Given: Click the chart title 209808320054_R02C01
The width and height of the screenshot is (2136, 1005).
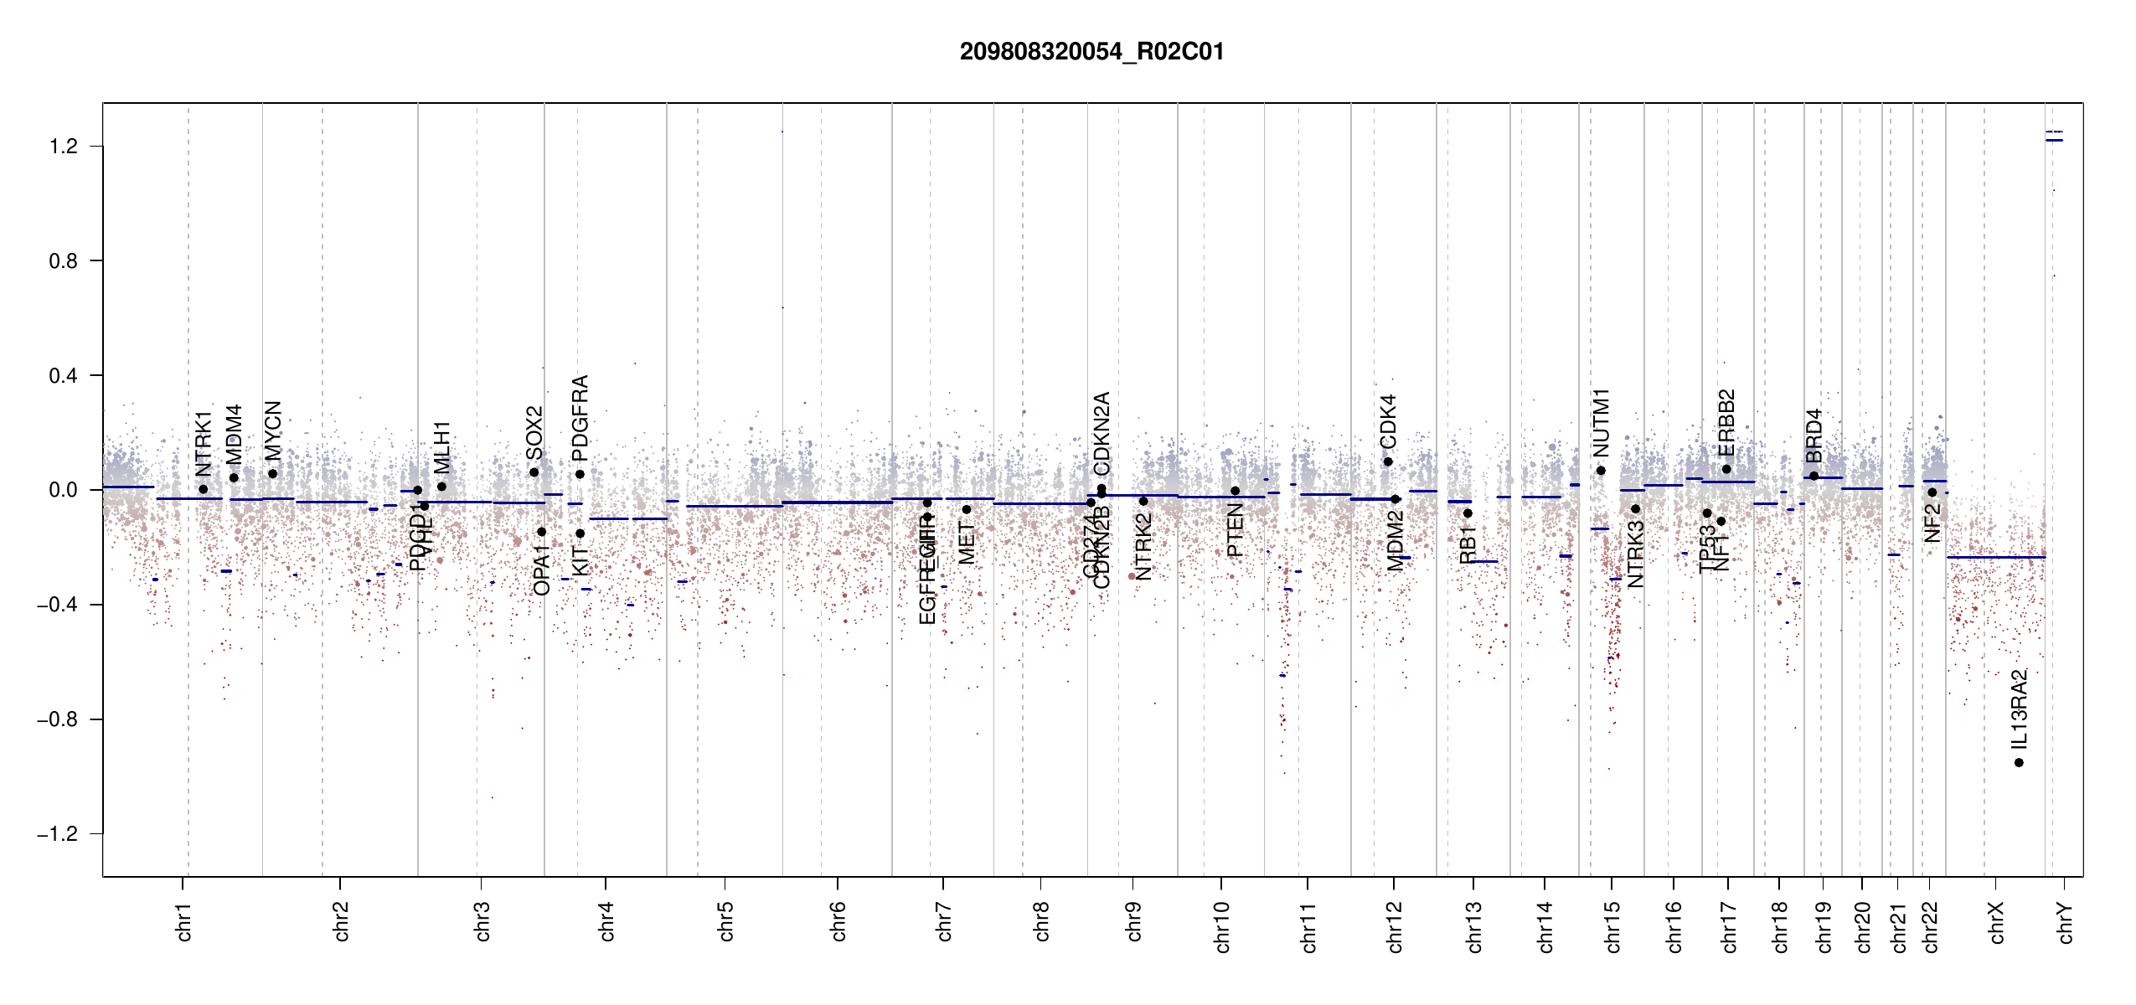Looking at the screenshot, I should pyautogui.click(x=1091, y=52).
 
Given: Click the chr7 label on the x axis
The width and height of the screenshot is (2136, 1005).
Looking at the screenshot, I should pyautogui.click(x=944, y=921).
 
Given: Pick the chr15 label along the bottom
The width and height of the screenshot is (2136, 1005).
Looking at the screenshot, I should pyautogui.click(x=1612, y=926).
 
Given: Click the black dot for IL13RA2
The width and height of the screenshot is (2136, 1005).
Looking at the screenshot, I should pyautogui.click(x=2019, y=762).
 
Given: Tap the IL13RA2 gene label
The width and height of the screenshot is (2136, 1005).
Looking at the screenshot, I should pyautogui.click(x=2020, y=710).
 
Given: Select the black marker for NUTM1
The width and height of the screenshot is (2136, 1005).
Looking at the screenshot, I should pyautogui.click(x=1601, y=471).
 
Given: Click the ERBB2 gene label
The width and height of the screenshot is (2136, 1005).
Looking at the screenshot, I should pyautogui.click(x=1726, y=423).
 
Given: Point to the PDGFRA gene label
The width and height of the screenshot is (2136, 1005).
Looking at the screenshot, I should pyautogui.click(x=580, y=418).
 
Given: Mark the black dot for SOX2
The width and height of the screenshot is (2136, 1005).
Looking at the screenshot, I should pyautogui.click(x=534, y=472).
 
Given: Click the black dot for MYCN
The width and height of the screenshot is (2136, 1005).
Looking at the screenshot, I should pyautogui.click(x=272, y=474).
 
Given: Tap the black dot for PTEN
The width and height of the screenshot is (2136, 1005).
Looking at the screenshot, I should pyautogui.click(x=1235, y=491).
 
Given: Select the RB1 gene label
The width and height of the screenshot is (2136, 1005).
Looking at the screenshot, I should pyautogui.click(x=1468, y=544).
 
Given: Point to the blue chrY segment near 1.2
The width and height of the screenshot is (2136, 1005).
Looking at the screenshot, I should pyautogui.click(x=2054, y=140).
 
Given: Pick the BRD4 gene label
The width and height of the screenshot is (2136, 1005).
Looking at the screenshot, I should pyautogui.click(x=1814, y=435).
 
